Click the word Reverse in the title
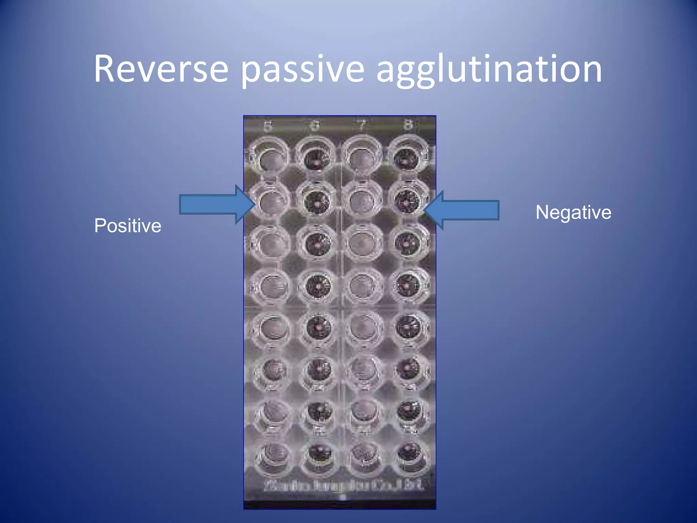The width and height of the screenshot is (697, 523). [x=161, y=69]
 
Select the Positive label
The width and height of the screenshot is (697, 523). [x=128, y=225]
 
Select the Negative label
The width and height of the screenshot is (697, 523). [x=573, y=212]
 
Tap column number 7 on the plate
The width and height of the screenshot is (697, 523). [x=362, y=126]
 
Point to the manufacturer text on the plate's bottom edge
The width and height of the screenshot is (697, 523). [x=344, y=485]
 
